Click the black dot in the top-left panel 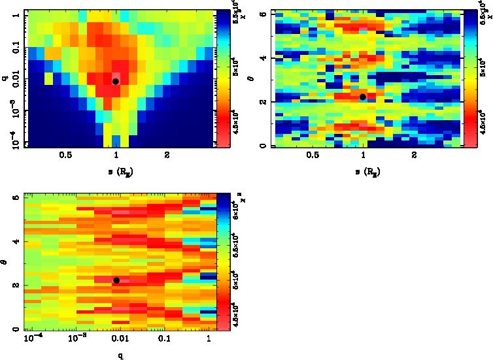tap(115, 81)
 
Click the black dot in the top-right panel tap(363, 97)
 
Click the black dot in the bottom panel tap(116, 280)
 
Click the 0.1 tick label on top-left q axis tap(12, 49)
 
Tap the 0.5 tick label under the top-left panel tap(65, 156)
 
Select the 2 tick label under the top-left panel tap(167, 156)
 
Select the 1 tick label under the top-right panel tap(364, 156)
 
